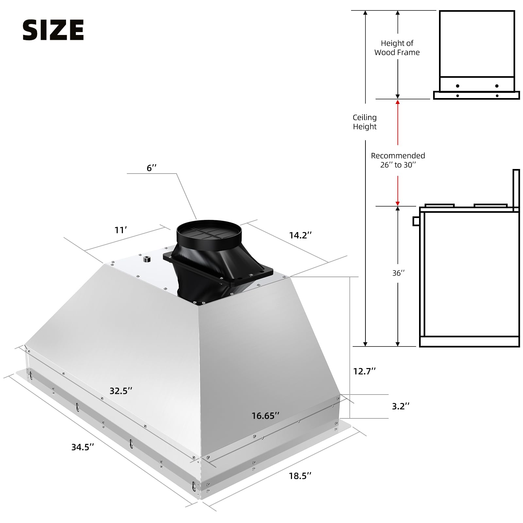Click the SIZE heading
[x=53, y=30]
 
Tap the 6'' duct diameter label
[x=152, y=168]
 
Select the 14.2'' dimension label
[x=300, y=235]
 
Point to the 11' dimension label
[x=120, y=230]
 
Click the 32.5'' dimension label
[x=121, y=391]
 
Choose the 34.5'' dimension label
[x=83, y=447]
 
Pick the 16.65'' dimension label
[x=265, y=416]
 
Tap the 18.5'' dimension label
[x=300, y=476]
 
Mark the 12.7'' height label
[x=364, y=371]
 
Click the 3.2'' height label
[x=401, y=406]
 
